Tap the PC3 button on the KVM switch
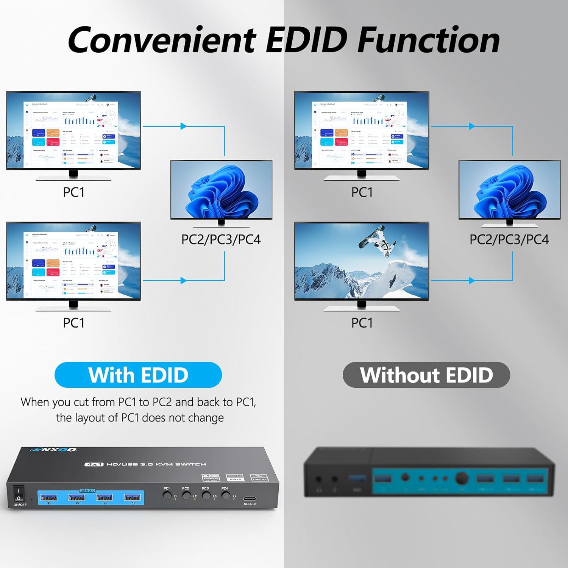(206, 495)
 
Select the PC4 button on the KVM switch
(226, 495)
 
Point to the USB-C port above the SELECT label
(250, 498)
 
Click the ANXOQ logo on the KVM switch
(54, 449)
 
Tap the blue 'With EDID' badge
(138, 375)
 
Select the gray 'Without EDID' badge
(426, 375)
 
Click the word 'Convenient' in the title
(162, 40)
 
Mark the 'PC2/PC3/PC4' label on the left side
(221, 239)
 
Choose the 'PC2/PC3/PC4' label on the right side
(509, 239)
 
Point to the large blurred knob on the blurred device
(461, 478)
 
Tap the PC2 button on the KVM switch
(186, 495)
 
